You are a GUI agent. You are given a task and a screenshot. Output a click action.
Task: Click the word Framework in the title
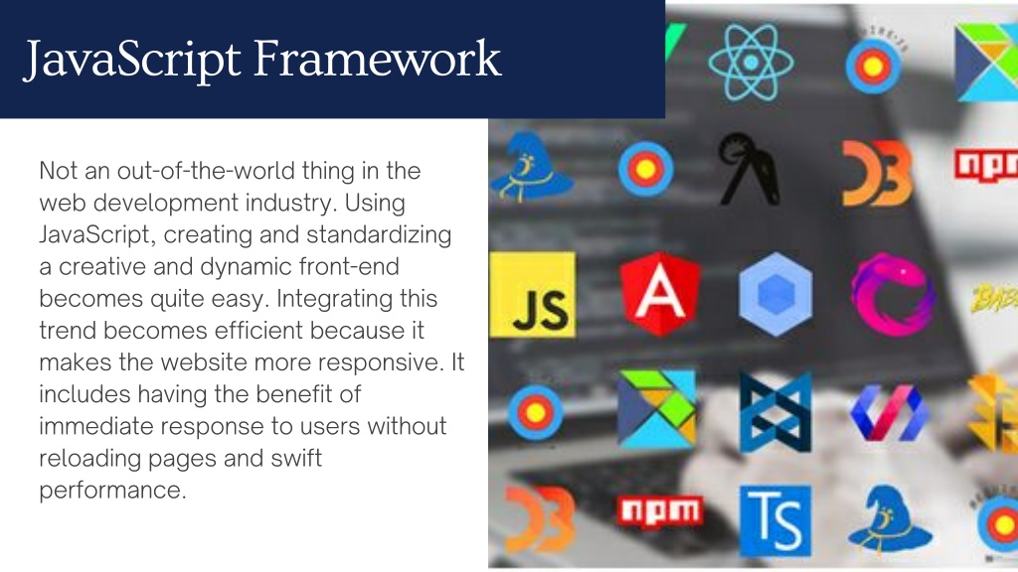tap(377, 59)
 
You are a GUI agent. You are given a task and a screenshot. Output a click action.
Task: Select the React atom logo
tap(751, 63)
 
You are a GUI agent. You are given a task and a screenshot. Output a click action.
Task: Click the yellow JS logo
tap(533, 294)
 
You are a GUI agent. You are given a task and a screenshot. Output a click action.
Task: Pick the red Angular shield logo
tap(660, 294)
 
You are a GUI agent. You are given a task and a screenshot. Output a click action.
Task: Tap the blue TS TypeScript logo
tap(775, 521)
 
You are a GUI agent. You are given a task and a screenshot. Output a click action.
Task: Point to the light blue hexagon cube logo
tap(775, 294)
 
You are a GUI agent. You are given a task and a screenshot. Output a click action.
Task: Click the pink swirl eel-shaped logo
tap(893, 294)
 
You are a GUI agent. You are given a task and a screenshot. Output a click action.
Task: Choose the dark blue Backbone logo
tap(775, 412)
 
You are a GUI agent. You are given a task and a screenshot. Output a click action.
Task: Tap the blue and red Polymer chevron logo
tap(889, 412)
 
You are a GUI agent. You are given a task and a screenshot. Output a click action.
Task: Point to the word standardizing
tap(379, 234)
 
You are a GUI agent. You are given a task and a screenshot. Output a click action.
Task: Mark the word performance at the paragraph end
tap(112, 491)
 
